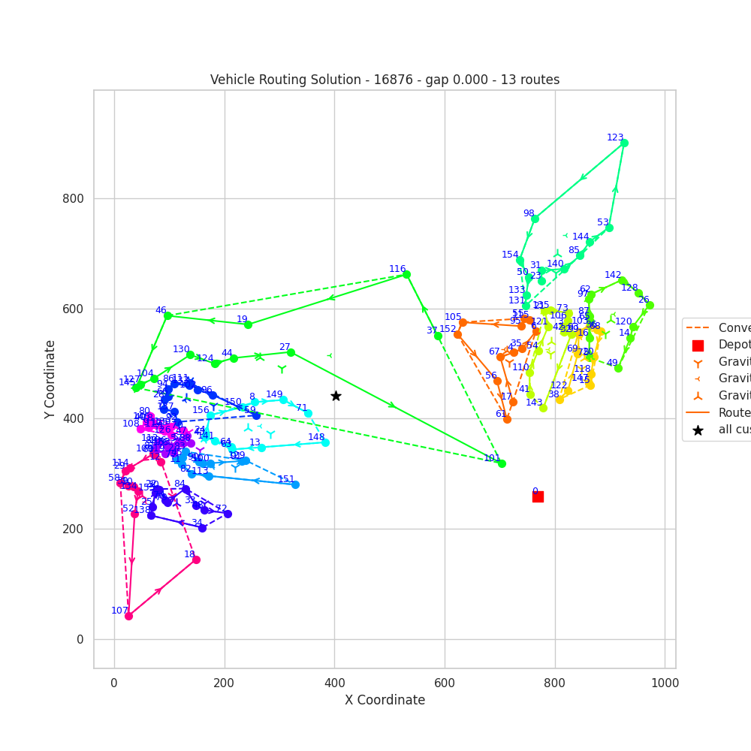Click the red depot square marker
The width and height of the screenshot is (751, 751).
(538, 496)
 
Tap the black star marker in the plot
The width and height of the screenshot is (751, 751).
(336, 396)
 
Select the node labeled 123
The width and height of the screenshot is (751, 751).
(624, 143)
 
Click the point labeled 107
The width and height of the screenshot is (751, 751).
(128, 616)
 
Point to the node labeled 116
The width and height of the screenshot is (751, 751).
(406, 274)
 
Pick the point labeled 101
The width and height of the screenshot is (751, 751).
(502, 463)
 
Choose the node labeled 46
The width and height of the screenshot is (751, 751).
(167, 315)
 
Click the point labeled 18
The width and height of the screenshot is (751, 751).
(196, 559)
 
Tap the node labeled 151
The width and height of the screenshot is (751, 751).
(295, 484)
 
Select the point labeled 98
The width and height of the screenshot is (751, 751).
(535, 219)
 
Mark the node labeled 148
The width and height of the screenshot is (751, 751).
(325, 442)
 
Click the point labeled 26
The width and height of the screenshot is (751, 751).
(650, 305)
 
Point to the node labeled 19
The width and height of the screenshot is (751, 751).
(248, 324)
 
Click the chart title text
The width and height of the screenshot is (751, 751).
(385, 80)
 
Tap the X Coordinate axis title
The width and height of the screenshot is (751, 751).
(385, 700)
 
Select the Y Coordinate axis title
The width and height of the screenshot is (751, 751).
(50, 379)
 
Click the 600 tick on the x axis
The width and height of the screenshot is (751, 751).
(445, 683)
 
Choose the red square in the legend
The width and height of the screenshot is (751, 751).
(698, 345)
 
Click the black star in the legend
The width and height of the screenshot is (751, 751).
(698, 430)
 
